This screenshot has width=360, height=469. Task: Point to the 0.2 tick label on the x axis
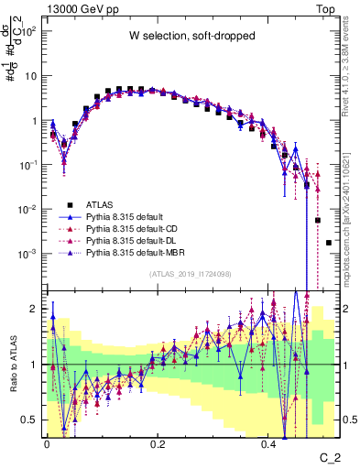tap(158, 442)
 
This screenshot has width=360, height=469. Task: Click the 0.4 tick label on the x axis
tap(268, 442)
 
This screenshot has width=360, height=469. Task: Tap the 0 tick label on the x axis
tap(47, 442)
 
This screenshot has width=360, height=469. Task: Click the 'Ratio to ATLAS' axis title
tap(11, 365)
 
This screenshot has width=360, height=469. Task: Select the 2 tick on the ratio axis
tap(35, 309)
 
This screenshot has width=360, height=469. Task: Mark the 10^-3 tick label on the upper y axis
tap(27, 253)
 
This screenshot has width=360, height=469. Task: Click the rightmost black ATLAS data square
tap(329, 243)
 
